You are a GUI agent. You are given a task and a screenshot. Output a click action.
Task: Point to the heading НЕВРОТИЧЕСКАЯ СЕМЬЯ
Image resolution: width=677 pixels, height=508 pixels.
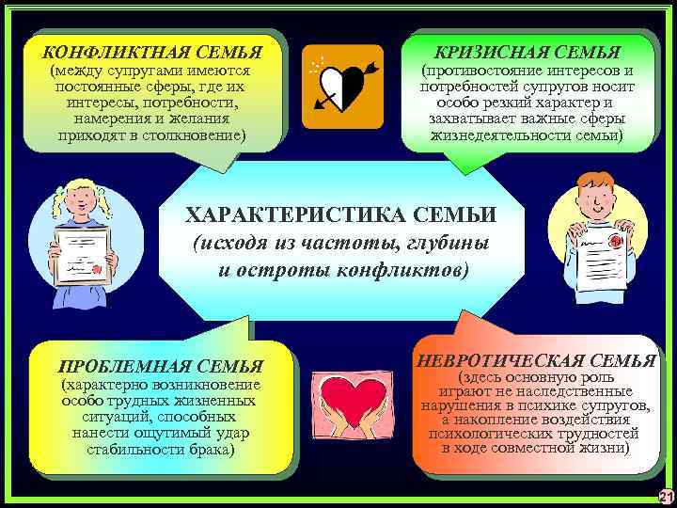pos(536,358)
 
